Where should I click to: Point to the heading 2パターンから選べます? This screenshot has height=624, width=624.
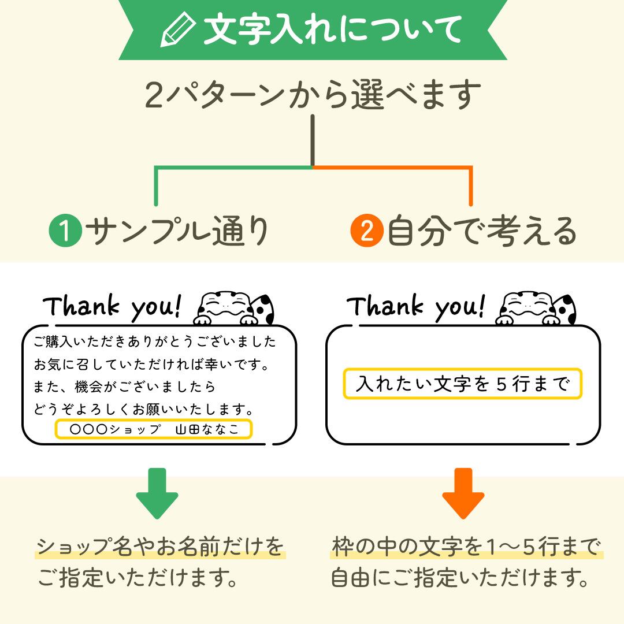click(313, 95)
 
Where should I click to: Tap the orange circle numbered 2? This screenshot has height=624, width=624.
click(367, 231)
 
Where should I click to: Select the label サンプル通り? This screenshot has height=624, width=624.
click(177, 231)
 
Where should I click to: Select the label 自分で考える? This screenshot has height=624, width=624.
click(482, 231)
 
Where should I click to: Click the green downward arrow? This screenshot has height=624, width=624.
click(157, 493)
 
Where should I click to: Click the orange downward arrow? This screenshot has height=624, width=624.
click(463, 493)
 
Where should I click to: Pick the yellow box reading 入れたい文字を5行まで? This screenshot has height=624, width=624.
click(462, 384)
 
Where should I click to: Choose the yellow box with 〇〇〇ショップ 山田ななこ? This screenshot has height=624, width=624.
click(154, 429)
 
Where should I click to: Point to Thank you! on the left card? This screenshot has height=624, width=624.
click(112, 307)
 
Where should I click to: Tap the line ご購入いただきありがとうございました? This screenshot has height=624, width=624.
click(155, 342)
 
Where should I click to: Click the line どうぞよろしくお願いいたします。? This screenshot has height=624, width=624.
click(144, 409)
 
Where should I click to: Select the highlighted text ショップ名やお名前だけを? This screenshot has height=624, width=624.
click(161, 546)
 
